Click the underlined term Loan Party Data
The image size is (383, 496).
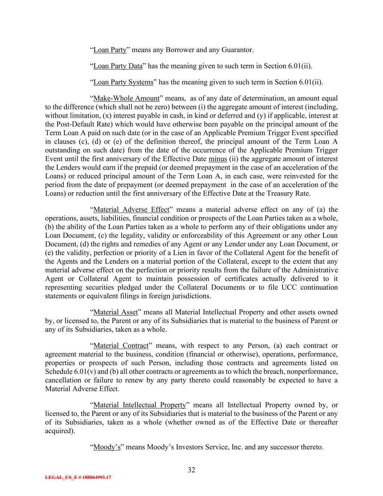point(118,66)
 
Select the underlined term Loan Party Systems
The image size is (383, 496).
point(123,82)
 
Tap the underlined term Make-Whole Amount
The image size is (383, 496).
point(126,98)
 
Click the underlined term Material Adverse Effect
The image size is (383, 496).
point(131,210)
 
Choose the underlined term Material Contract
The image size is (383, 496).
point(121,346)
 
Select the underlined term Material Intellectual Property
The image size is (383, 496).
point(140,405)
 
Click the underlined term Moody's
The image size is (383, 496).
point(107,447)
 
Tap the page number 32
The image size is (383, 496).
point(191,470)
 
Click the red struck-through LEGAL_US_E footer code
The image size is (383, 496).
point(78,477)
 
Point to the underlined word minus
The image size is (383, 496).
point(218,159)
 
